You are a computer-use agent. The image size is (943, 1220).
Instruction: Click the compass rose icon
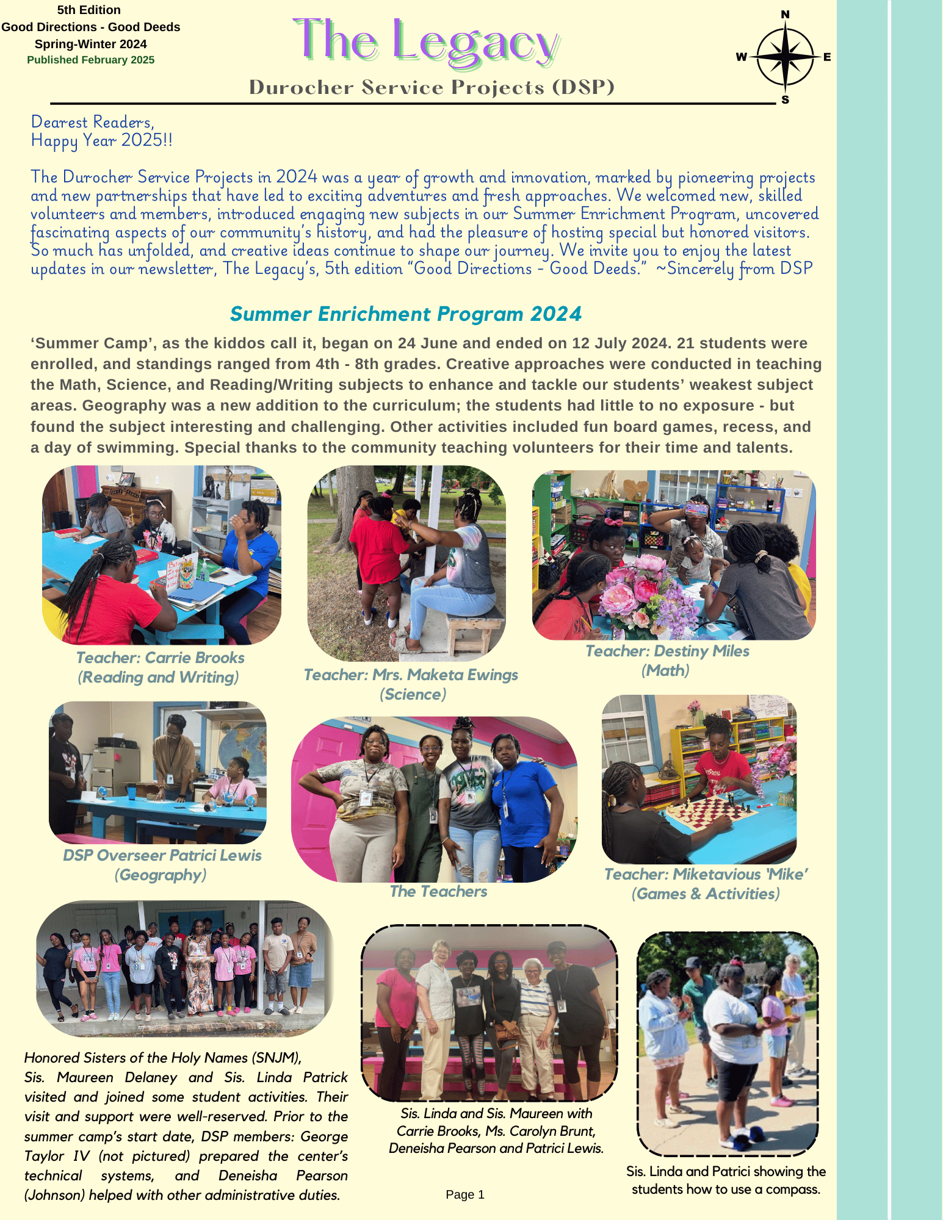785,57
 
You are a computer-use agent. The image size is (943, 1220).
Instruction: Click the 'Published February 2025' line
90,60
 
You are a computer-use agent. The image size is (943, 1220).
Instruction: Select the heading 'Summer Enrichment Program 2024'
405,314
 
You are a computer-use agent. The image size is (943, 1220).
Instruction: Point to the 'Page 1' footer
464,1194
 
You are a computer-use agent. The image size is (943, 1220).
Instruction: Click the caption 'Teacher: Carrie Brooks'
160,658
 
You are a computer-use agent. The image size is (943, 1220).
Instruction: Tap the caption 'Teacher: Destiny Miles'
667,651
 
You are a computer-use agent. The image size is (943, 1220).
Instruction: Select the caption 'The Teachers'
438,891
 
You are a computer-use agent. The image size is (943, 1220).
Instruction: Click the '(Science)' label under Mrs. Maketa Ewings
413,694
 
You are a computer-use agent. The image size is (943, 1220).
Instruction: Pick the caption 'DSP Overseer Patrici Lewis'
162,855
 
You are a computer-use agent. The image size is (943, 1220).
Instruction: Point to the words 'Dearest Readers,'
92,122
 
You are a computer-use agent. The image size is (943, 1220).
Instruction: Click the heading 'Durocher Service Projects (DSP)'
432,87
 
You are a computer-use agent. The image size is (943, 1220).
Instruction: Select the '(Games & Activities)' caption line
706,894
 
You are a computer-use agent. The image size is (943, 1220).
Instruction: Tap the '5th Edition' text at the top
89,10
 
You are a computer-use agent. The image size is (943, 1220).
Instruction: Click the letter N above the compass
786,15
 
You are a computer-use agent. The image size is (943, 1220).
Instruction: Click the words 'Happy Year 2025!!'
101,140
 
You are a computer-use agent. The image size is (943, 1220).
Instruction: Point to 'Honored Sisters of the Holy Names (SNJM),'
163,1058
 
